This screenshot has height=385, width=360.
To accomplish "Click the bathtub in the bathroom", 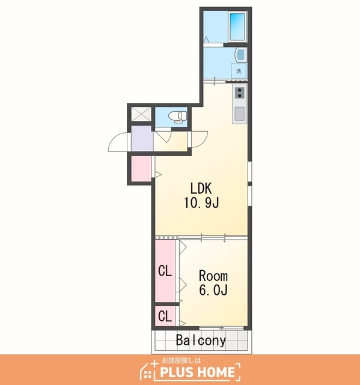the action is pyautogui.click(x=237, y=26).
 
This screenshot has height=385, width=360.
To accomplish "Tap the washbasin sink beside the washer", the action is pyautogui.click(x=241, y=55).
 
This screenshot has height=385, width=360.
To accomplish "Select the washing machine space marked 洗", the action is pyautogui.click(x=239, y=71).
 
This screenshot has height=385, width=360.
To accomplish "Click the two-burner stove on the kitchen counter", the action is pyautogui.click(x=240, y=92).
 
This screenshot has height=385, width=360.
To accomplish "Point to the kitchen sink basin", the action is pyautogui.click(x=240, y=114).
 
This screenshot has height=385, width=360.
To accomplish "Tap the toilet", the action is pyautogui.click(x=178, y=116).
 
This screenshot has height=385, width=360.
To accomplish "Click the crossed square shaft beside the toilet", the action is pyautogui.click(x=141, y=114).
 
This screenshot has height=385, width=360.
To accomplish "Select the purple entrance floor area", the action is pyautogui.click(x=142, y=138).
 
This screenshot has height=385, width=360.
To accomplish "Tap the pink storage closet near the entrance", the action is pyautogui.click(x=141, y=168).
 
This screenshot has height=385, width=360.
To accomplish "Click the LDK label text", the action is pyautogui.click(x=201, y=188).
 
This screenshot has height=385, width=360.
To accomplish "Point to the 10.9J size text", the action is pyautogui.click(x=201, y=203).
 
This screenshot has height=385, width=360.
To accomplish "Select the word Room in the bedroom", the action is pyautogui.click(x=213, y=276).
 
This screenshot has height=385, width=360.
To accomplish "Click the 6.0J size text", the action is pyautogui.click(x=213, y=290).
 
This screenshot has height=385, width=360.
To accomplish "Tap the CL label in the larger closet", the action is pyautogui.click(x=165, y=271).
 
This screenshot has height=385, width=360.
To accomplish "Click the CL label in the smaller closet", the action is pyautogui.click(x=165, y=316).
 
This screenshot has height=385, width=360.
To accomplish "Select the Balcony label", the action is pyautogui.click(x=201, y=340).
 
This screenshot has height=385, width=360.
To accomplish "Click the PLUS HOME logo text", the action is pyautogui.click(x=197, y=372).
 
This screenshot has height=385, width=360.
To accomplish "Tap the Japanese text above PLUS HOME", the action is pyautogui.click(x=181, y=360).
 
